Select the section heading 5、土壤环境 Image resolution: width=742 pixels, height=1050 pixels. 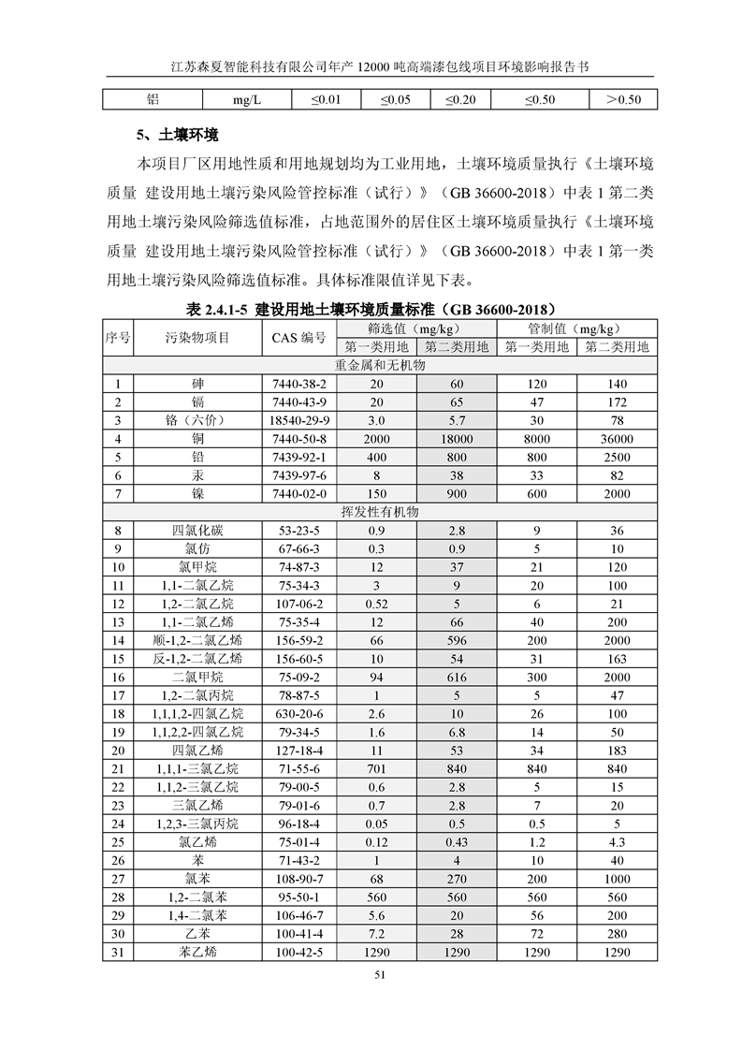pos(178,134)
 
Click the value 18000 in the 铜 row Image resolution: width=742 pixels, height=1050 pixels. pos(456,439)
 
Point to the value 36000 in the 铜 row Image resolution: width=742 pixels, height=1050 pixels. pos(617,439)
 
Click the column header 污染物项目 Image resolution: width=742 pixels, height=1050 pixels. pos(196,338)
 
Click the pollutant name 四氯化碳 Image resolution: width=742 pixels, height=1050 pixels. pos(196,531)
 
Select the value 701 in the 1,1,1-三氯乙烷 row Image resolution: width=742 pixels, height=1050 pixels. pos(377,768)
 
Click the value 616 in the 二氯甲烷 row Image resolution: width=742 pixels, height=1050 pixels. pos(456,677)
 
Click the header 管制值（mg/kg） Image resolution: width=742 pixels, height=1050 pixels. pos(576,328)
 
